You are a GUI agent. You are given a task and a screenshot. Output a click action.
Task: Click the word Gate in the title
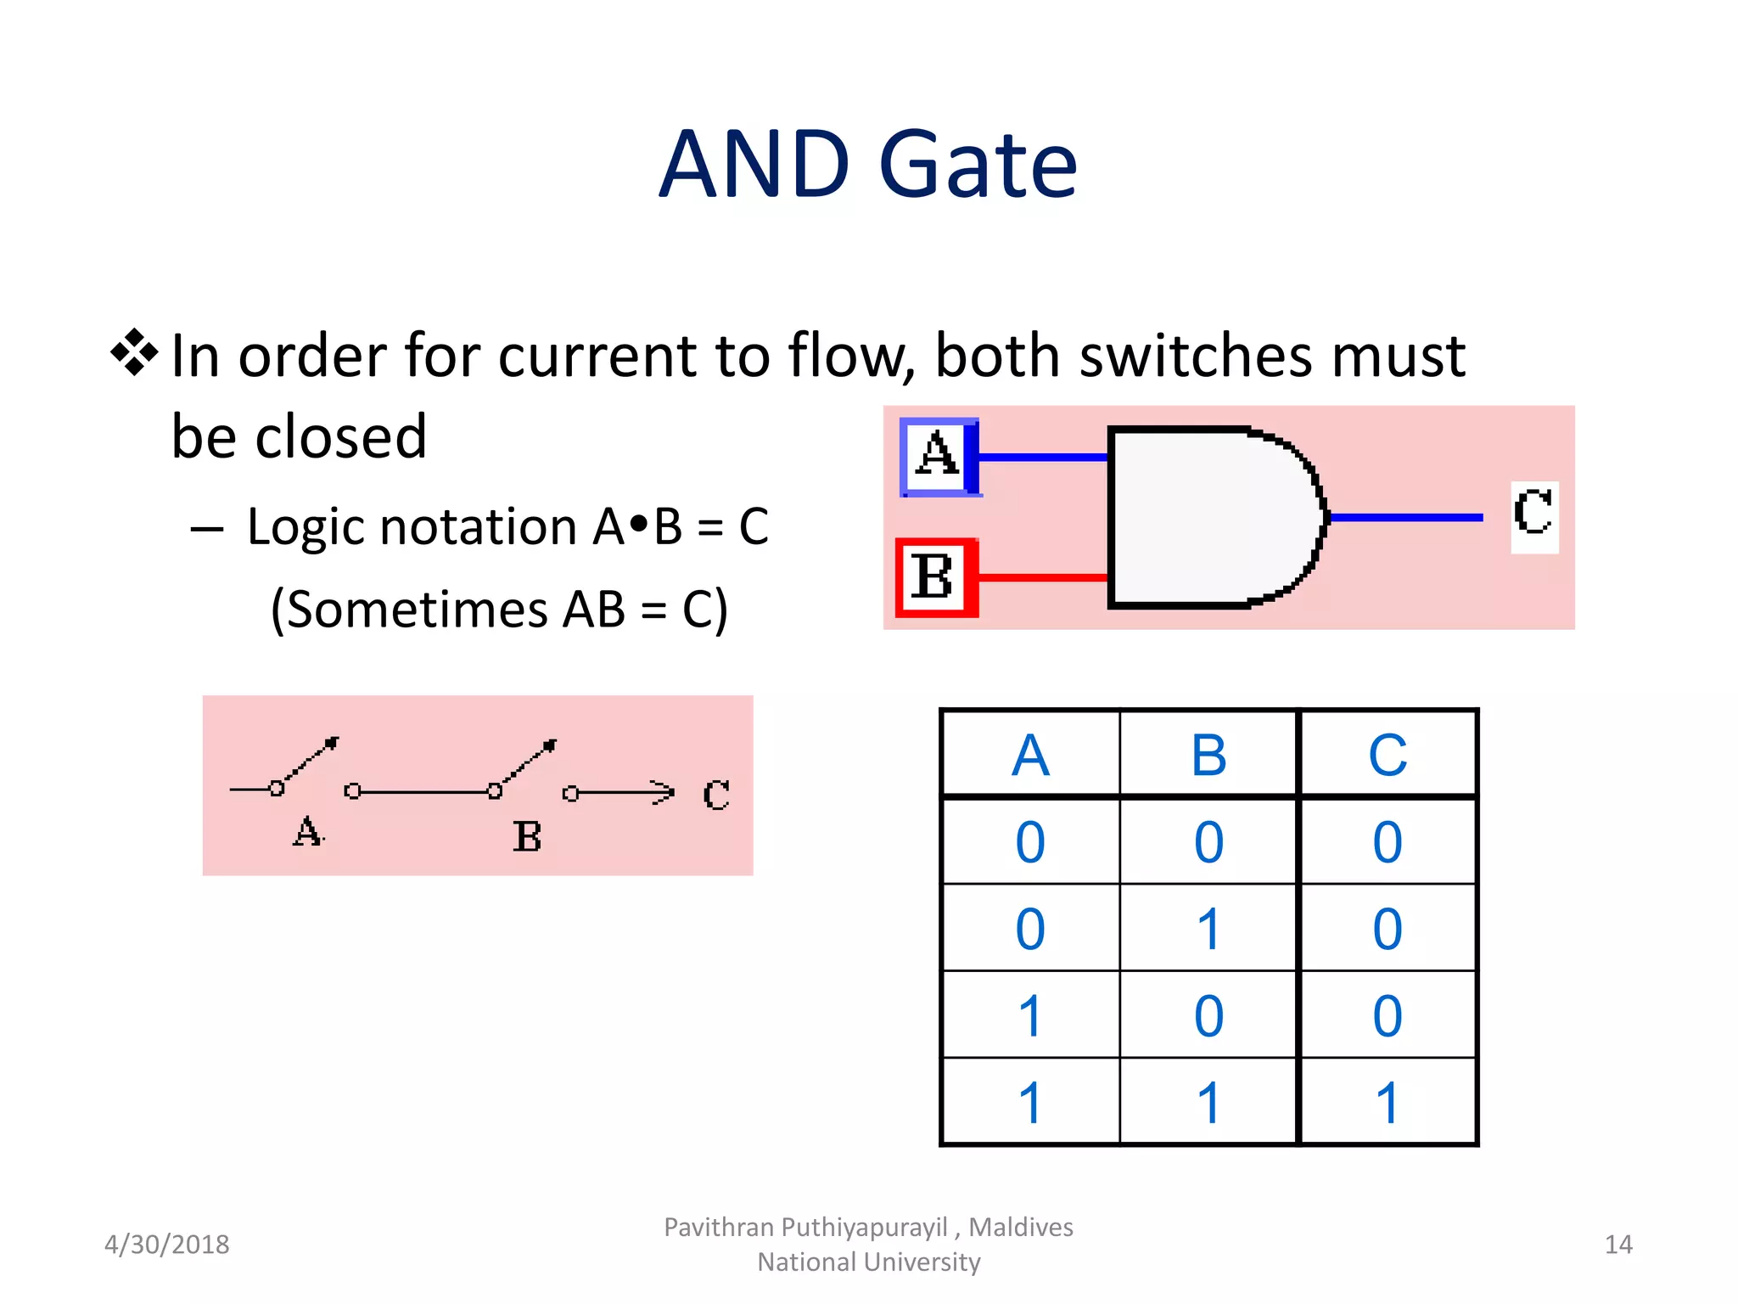click(978, 165)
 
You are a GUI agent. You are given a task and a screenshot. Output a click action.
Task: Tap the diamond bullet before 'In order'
click(134, 352)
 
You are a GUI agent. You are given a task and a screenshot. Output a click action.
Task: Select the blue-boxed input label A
click(938, 456)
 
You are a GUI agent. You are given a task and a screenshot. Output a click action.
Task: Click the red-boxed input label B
click(933, 577)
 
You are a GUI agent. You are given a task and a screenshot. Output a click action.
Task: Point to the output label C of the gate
click(1533, 513)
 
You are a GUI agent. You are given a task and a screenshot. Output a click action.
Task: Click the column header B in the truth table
click(1208, 755)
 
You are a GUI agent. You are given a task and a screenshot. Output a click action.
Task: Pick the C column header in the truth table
click(1388, 755)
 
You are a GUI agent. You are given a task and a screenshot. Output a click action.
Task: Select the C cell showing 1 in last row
click(1388, 1103)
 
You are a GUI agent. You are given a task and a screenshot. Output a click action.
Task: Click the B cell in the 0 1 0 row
click(1208, 929)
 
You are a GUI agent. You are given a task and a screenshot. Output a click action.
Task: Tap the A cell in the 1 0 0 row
click(1030, 1016)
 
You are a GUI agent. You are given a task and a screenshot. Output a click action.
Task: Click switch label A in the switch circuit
click(307, 832)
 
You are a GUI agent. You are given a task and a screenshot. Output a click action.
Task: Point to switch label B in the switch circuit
click(527, 837)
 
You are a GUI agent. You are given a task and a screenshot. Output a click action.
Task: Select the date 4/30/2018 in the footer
click(166, 1245)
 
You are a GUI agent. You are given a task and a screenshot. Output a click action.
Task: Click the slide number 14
click(1617, 1245)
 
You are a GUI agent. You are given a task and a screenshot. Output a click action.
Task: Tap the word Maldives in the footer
click(1021, 1228)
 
